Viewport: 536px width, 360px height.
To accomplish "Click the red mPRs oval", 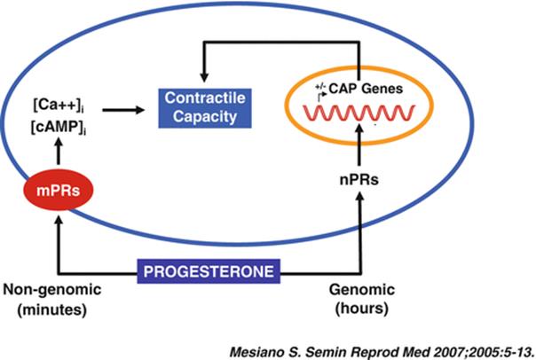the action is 58,190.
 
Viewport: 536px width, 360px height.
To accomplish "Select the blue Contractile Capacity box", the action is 205,108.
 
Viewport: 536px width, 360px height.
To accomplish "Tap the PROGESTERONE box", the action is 209,271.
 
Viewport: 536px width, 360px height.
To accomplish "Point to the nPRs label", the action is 359,180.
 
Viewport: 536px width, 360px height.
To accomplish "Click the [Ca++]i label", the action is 59,105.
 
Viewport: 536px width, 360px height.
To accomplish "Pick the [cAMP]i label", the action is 59,127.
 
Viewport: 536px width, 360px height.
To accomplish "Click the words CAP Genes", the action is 366,89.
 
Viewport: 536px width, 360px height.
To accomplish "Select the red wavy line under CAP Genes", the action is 359,113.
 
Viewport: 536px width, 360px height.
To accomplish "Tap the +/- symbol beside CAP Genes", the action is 320,87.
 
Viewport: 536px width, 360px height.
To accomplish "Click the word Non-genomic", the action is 52,290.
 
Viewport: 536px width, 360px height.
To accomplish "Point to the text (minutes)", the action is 52,309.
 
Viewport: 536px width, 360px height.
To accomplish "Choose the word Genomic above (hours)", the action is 362,290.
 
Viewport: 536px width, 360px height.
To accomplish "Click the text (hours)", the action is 362,309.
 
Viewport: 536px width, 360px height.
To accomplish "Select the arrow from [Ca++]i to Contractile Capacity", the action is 123,110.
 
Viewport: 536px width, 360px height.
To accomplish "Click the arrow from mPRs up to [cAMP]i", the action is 59,151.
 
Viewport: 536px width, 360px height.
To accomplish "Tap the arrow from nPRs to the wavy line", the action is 359,145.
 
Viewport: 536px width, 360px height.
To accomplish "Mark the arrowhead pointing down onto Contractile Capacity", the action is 204,77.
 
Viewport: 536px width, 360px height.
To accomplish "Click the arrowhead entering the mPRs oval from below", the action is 59,220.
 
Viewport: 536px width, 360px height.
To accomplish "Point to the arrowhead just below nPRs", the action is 359,196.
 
